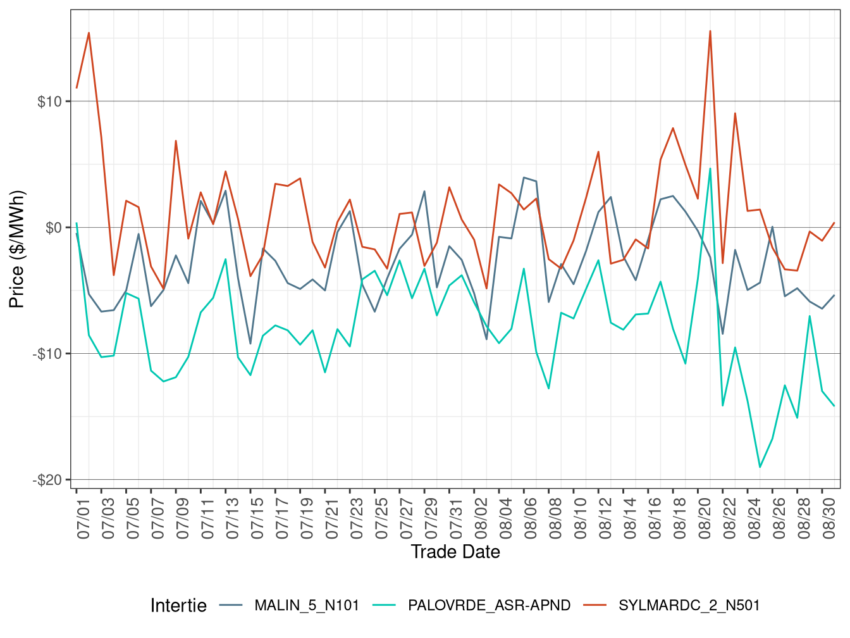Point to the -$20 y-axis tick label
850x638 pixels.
tap(47, 480)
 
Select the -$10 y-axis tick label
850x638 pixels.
tap(47, 354)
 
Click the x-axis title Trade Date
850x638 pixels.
tap(455, 552)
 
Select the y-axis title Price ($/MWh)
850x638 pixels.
tap(16, 249)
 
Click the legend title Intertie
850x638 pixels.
tap(178, 606)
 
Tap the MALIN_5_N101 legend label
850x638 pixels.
tap(307, 606)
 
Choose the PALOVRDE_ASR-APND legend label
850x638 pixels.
tap(489, 606)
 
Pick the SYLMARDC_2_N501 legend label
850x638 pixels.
tap(689, 606)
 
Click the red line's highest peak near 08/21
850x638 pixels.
tap(710, 31)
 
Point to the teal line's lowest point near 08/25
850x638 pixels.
tap(760, 467)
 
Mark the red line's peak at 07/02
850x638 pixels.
tap(89, 32)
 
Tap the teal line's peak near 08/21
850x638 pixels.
tap(710, 168)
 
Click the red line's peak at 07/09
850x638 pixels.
tap(176, 141)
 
